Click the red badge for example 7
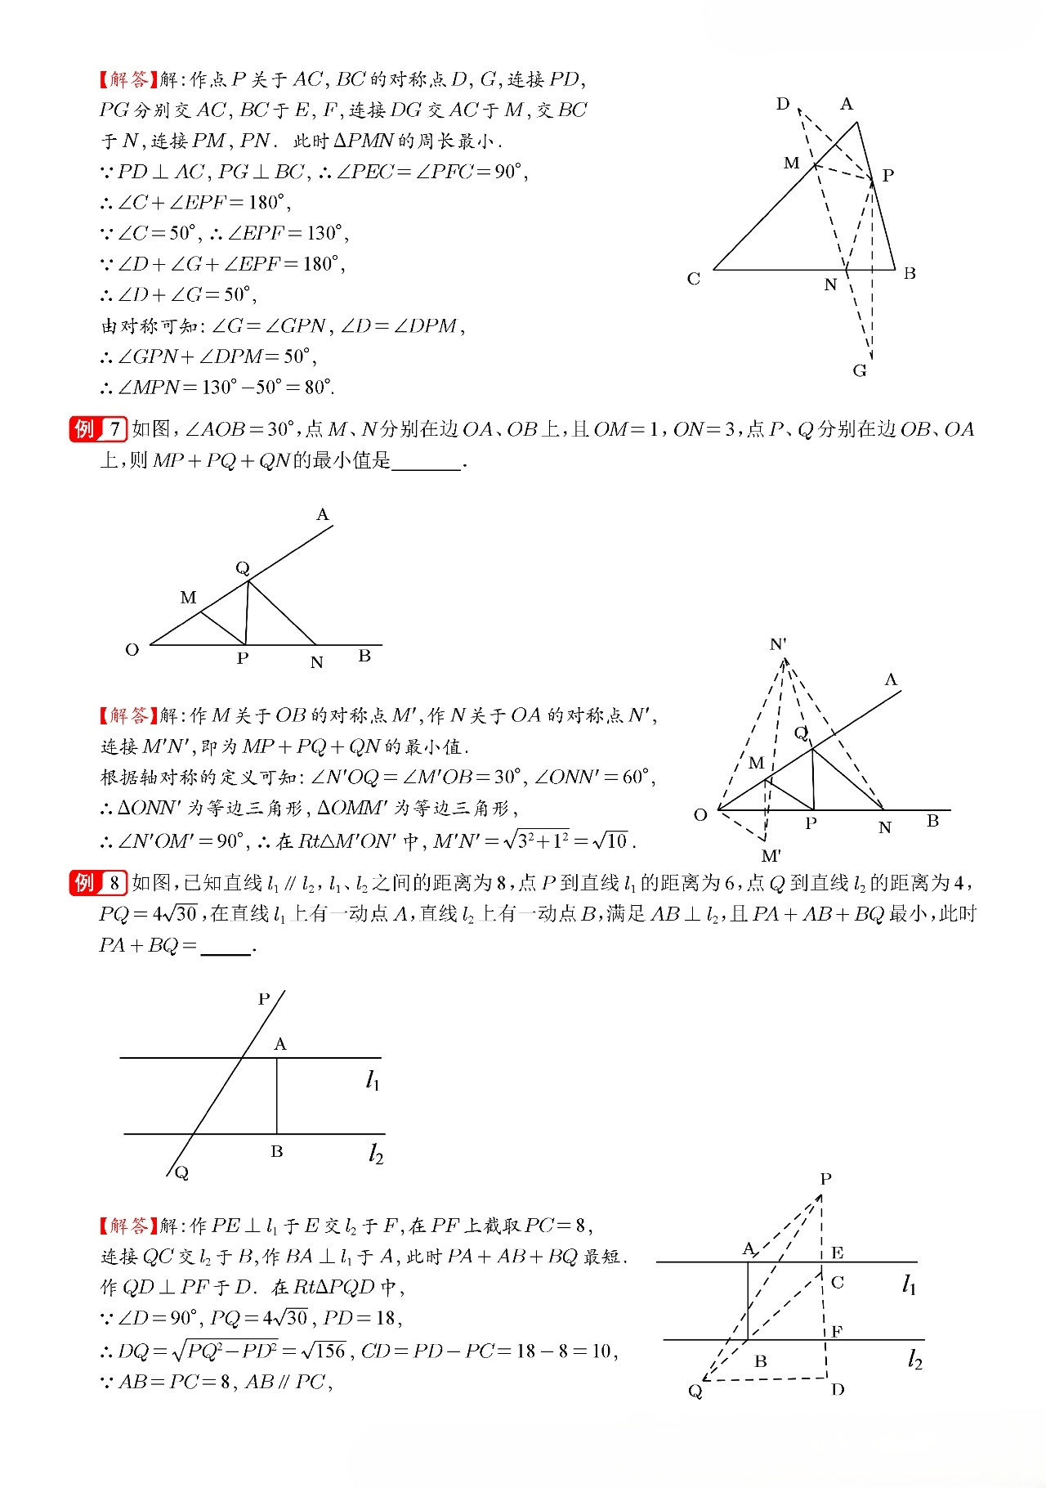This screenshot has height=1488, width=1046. click(97, 429)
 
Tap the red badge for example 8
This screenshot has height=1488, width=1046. click(97, 883)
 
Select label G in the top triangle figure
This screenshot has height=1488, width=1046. click(860, 371)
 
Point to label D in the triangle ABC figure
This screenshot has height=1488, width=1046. click(783, 104)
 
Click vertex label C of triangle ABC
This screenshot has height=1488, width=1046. click(694, 279)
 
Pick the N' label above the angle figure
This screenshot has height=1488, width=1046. click(779, 644)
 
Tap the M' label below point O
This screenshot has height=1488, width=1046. click(771, 856)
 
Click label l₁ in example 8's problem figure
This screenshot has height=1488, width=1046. click(373, 1081)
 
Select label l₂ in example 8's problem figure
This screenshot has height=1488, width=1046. click(375, 1154)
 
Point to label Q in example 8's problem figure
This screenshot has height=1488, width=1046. click(181, 1172)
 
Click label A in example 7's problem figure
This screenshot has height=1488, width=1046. click(323, 514)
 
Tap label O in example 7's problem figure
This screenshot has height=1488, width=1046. click(132, 650)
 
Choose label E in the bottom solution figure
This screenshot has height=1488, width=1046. click(838, 1253)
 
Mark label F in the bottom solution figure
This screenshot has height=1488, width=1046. click(837, 1332)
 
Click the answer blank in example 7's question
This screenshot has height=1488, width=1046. click(427, 463)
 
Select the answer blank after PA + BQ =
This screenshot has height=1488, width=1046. click(226, 948)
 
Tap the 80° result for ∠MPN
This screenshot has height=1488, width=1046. click(318, 387)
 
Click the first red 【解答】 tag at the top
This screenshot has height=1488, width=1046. click(128, 79)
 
